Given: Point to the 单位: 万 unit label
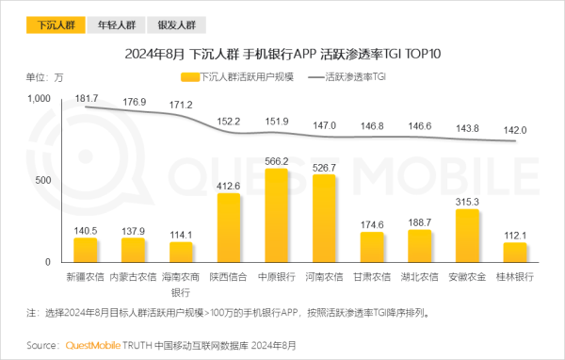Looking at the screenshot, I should pyautogui.click(x=44, y=76).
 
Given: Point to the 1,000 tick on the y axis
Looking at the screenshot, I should pyautogui.click(x=37, y=99).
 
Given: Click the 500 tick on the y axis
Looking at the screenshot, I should pyautogui.click(x=43, y=180).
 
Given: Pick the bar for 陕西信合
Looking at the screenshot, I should pyautogui.click(x=229, y=227).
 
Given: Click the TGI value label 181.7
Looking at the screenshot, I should pyautogui.click(x=87, y=98).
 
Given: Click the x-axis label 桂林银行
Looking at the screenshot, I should pyautogui.click(x=515, y=278).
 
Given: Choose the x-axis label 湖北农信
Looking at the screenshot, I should pyautogui.click(x=419, y=278).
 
